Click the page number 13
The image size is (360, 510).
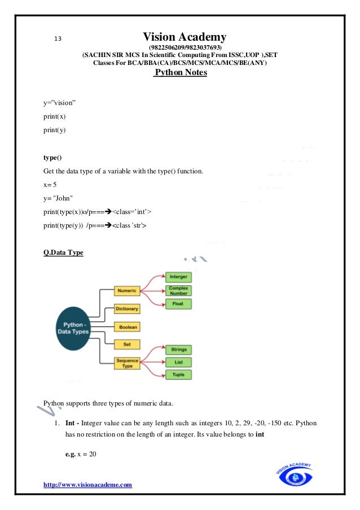coord(57,39)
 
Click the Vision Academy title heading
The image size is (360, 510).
coord(185,37)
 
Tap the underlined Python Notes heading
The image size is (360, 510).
coord(181,73)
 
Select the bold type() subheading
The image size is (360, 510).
coord(52,156)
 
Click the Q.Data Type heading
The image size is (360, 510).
coord(63,252)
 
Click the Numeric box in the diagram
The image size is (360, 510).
coord(126,291)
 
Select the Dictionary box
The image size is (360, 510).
coord(126,309)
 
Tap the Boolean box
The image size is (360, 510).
coord(126,326)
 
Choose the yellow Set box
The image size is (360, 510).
coord(126,344)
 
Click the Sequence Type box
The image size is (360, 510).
coord(126,364)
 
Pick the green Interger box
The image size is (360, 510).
coord(179,277)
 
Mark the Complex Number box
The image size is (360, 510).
coord(179,290)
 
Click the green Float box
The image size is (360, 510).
coord(179,304)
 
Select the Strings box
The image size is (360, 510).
coord(179,350)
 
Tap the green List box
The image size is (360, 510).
coord(179,362)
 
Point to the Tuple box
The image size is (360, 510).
coord(179,374)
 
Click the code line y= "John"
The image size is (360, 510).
coord(58,198)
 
